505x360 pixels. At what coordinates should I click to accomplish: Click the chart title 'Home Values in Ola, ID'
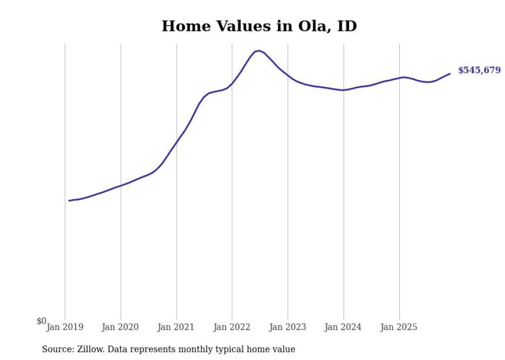click(x=259, y=26)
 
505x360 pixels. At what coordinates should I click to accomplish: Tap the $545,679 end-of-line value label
click(x=479, y=70)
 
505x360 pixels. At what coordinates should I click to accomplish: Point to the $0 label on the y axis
click(x=41, y=321)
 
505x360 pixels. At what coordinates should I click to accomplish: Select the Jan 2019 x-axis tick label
click(x=65, y=327)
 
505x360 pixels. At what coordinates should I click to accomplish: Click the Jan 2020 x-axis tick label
click(x=121, y=327)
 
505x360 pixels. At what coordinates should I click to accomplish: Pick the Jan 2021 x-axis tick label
click(x=176, y=327)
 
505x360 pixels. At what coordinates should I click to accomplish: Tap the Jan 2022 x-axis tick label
click(x=232, y=327)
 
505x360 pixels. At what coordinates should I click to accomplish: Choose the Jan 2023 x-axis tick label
click(x=288, y=327)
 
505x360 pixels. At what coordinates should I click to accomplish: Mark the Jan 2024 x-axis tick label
click(x=343, y=327)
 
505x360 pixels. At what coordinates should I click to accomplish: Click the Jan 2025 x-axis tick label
click(x=399, y=327)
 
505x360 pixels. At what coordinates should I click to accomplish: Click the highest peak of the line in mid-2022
click(x=259, y=50)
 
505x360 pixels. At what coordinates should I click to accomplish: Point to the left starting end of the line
click(x=69, y=200)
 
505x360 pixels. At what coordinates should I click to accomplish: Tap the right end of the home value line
click(x=450, y=74)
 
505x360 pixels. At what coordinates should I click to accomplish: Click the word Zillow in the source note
click(x=89, y=349)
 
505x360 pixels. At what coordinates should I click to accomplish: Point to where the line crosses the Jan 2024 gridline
click(x=343, y=90)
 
